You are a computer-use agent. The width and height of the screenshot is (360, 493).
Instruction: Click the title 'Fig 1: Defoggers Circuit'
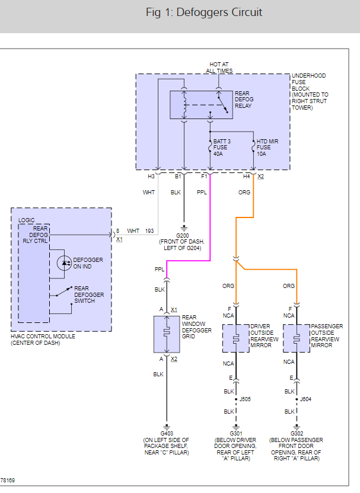[204, 12]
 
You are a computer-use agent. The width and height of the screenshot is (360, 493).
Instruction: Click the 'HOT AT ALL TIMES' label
[219, 68]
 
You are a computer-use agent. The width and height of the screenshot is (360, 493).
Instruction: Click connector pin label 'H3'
[151, 176]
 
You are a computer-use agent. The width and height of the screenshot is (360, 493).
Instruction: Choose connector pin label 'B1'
[177, 176]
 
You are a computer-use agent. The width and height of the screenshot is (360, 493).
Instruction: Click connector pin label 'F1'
[205, 176]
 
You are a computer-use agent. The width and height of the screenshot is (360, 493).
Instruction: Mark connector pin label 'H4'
[247, 176]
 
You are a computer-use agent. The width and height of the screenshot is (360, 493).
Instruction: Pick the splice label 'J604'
[305, 399]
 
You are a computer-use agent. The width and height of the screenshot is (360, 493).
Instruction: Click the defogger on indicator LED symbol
[63, 262]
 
